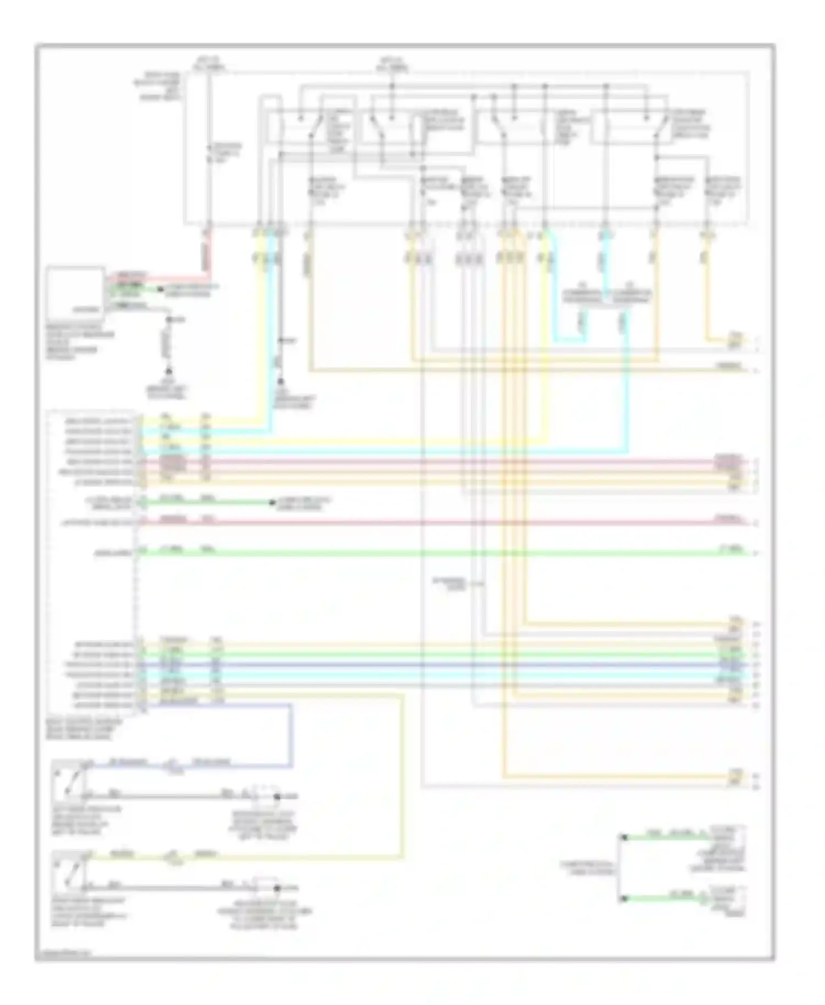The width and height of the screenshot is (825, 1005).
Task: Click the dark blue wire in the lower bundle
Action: click(x=440, y=665)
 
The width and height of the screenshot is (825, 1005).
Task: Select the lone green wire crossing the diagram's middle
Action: click(x=440, y=552)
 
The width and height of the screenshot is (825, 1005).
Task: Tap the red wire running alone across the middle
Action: click(x=440, y=522)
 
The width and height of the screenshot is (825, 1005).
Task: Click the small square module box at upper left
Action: click(x=75, y=291)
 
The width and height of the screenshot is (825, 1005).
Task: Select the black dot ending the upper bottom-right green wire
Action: click(x=624, y=838)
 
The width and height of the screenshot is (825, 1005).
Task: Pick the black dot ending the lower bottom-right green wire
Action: click(x=624, y=899)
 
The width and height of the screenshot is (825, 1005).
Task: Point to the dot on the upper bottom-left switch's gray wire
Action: click(x=277, y=796)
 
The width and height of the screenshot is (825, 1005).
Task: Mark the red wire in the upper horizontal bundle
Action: click(x=440, y=462)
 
